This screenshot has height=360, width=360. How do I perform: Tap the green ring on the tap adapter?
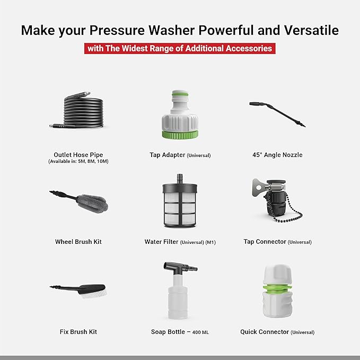click(180, 135)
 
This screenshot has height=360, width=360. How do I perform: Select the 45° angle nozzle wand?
click(277, 114)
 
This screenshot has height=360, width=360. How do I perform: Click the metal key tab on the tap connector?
click(258, 187)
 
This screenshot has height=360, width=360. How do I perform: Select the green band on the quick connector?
click(277, 288)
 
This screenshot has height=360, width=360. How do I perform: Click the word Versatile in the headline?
click(311, 30)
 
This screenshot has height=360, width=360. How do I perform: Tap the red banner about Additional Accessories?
click(180, 48)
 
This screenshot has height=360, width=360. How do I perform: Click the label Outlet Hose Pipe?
click(78, 155)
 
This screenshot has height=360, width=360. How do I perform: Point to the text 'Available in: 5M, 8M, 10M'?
click(78, 161)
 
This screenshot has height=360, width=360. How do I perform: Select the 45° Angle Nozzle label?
click(277, 155)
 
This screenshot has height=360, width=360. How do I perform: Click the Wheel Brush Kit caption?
click(78, 242)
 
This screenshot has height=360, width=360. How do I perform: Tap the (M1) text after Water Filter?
click(210, 242)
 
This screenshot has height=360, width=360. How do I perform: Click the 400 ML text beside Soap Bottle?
click(200, 332)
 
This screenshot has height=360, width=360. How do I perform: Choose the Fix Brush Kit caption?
click(78, 332)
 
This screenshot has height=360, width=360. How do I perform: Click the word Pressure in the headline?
click(117, 30)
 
